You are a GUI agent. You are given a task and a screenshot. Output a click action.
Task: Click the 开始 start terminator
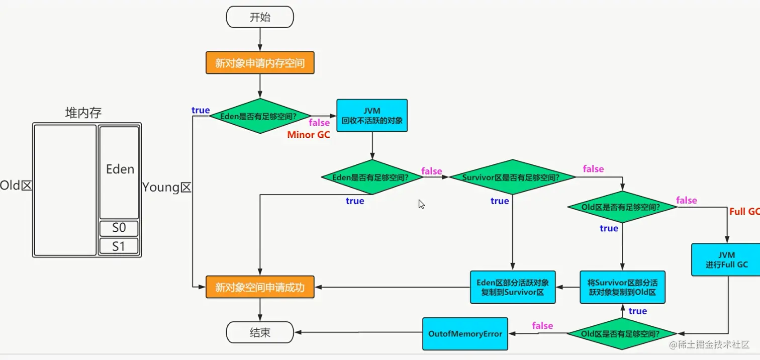[x=260, y=18]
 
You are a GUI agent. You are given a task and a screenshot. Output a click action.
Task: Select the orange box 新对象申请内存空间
[x=260, y=63]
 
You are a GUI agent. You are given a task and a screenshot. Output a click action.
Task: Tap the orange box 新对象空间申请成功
[x=260, y=288]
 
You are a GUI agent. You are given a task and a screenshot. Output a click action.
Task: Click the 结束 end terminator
[x=260, y=333]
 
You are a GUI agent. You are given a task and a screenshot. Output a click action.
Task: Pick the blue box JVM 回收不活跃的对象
[x=372, y=116]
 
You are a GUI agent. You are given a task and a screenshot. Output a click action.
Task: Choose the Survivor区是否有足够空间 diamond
[x=512, y=177]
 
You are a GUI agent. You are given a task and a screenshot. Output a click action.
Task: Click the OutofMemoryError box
[x=465, y=334]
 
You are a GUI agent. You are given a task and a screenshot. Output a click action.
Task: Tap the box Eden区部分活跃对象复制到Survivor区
[x=513, y=288]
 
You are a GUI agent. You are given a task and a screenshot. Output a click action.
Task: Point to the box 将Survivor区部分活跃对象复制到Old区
[x=622, y=288]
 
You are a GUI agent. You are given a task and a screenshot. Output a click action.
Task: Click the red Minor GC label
[x=309, y=135]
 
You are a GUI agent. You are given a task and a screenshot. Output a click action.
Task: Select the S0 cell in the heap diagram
[x=119, y=228]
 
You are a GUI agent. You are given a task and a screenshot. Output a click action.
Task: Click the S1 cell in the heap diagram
[x=119, y=246]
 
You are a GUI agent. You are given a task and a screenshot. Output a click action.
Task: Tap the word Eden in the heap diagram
[x=120, y=169]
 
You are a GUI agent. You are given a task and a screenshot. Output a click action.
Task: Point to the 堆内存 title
[x=83, y=113]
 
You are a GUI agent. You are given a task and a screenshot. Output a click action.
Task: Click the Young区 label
[x=167, y=188]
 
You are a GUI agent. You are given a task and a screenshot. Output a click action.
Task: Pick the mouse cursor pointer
[x=421, y=204]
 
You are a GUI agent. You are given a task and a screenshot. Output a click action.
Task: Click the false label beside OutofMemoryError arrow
[x=542, y=326]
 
